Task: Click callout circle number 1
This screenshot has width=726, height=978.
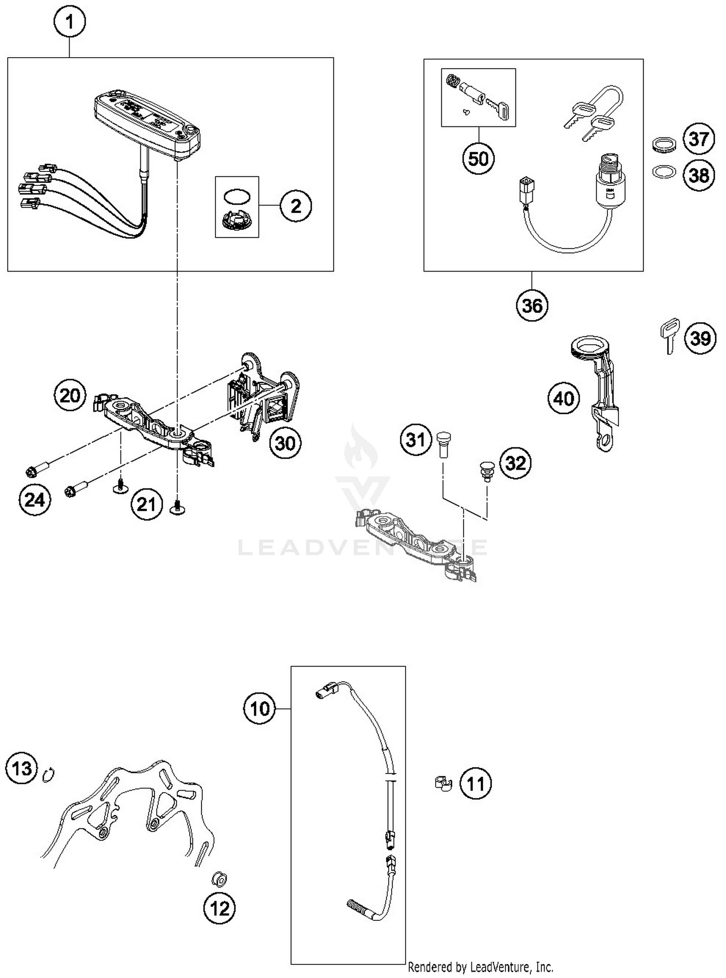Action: [x=70, y=22]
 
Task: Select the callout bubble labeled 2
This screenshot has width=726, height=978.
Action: [x=296, y=206]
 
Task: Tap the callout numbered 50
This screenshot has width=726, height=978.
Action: [x=478, y=158]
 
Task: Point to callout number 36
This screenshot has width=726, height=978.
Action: [x=532, y=306]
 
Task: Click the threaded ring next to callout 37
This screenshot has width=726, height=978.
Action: [x=663, y=145]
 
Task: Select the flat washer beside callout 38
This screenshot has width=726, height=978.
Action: [x=664, y=172]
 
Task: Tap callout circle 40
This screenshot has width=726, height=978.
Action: [x=563, y=399]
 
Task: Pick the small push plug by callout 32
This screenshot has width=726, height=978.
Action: [x=485, y=471]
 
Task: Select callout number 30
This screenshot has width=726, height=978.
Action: [x=285, y=443]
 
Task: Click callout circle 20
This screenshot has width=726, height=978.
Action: [x=70, y=396]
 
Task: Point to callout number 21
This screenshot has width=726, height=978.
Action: [x=146, y=504]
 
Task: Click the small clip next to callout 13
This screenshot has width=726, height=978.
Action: [x=49, y=775]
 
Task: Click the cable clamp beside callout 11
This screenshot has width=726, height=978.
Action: [x=442, y=783]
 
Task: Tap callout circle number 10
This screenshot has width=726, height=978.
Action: [x=259, y=709]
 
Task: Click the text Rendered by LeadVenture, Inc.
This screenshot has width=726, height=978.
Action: [x=480, y=967]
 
